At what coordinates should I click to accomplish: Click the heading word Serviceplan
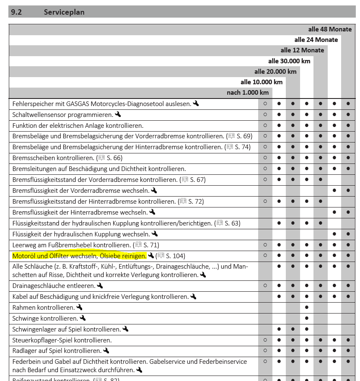coord(64,12)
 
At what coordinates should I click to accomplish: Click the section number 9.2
coord(16,12)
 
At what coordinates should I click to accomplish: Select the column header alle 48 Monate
coord(330,29)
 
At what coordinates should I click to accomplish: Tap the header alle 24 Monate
coord(316,40)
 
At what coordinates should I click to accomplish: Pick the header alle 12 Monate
coord(302,50)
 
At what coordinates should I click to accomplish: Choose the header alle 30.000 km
coord(289,61)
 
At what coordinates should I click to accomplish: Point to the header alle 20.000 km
coord(275,71)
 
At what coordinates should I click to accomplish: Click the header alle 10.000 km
coord(262,82)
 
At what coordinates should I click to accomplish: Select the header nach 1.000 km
coord(248,92)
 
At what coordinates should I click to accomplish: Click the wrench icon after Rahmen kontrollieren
coord(80,308)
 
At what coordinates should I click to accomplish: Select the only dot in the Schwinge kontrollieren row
coord(307,318)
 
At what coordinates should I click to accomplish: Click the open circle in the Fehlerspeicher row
coord(265,103)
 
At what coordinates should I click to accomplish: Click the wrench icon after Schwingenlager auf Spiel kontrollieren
coord(126,329)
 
